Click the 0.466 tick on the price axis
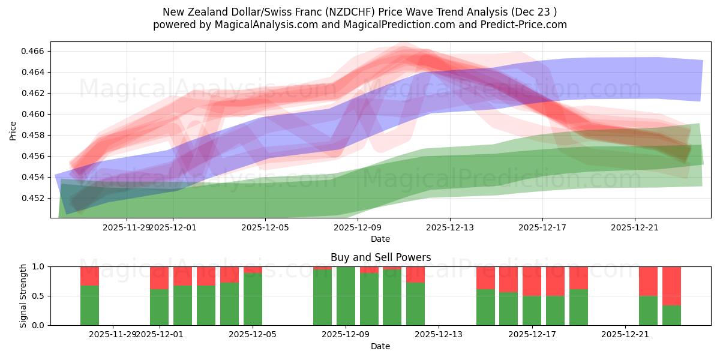point(34,51)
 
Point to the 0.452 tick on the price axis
point(34,198)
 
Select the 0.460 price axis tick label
point(34,114)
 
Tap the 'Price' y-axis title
point(13,130)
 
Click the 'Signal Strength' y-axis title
point(23,296)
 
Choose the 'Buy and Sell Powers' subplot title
point(380,257)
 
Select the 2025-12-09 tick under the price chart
point(358,227)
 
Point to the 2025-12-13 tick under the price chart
point(450,227)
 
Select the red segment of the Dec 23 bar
point(671,286)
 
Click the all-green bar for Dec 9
point(346,296)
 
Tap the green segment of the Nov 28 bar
point(89,305)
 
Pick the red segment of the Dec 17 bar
point(532,281)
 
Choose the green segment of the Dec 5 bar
point(253,299)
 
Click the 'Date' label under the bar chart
point(380,346)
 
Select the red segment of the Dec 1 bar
point(159,278)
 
